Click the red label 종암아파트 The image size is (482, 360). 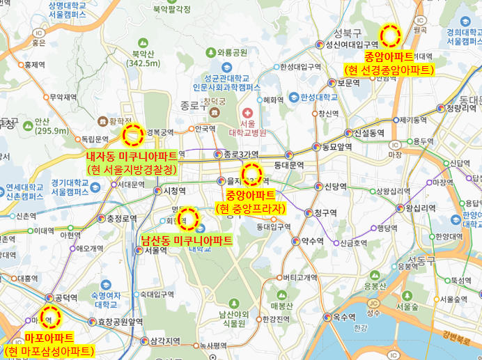pyautogui.click(x=389, y=57)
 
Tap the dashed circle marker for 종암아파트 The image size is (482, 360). pyautogui.click(x=390, y=33)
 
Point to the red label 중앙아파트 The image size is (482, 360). pyautogui.click(x=251, y=194)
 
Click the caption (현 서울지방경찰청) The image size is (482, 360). pyautogui.click(x=131, y=169)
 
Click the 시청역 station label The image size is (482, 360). pyautogui.click(x=173, y=190)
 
